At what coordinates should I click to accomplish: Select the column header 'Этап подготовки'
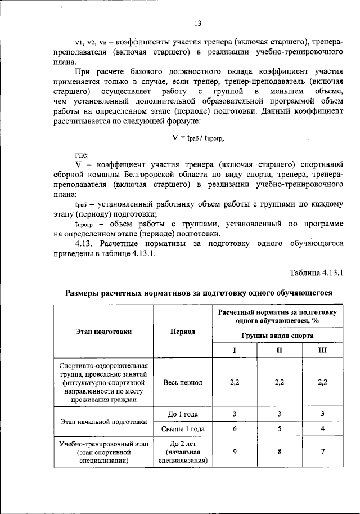click(x=103, y=332)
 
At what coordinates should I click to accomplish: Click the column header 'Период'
click(x=183, y=332)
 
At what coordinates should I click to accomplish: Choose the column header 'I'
click(x=235, y=350)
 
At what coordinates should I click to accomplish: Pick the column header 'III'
click(x=322, y=350)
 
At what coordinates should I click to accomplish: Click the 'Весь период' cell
click(x=183, y=382)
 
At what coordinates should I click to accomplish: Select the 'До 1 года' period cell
click(x=183, y=414)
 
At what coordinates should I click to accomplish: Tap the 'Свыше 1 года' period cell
click(x=183, y=429)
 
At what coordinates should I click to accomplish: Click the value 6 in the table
click(x=235, y=429)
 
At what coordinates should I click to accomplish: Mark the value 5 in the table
click(x=279, y=429)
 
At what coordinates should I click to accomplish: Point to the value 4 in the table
click(x=322, y=429)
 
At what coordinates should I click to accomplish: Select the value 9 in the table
click(x=235, y=452)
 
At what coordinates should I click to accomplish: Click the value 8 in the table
click(x=279, y=452)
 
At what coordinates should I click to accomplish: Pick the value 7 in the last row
click(x=322, y=452)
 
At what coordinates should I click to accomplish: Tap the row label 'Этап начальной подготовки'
click(x=103, y=422)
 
